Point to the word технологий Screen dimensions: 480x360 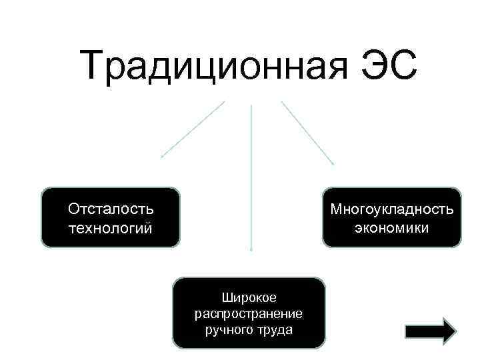pos(111,229)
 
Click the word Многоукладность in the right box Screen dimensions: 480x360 pos(391,209)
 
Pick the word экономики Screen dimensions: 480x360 pos(391,229)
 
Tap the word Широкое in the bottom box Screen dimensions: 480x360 pos(249,297)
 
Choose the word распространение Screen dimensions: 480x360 pos(249,313)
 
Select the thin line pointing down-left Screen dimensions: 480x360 pos(193,129)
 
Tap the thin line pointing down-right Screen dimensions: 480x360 pos(307,132)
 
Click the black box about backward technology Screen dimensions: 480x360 pos(111,217)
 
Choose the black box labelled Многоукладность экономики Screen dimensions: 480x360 pos(391,217)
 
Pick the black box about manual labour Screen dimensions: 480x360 pos(249,313)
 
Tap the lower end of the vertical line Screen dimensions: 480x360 pos(251,249)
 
